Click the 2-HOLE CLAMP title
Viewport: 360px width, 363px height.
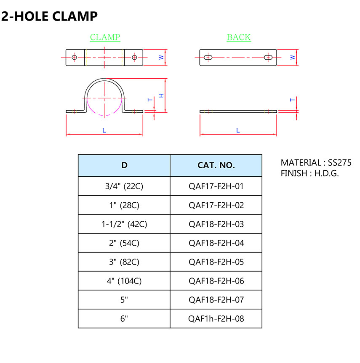pyautogui.click(x=50, y=16)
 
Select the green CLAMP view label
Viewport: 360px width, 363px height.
pyautogui.click(x=105, y=37)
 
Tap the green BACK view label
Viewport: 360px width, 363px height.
pyautogui.click(x=239, y=37)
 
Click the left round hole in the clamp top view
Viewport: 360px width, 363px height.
pyautogui.click(x=74, y=57)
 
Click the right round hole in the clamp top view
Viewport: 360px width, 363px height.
pyautogui.click(x=134, y=57)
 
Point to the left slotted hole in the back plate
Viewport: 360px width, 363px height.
pyautogui.click(x=208, y=57)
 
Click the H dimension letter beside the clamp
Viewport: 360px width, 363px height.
pyautogui.click(x=161, y=95)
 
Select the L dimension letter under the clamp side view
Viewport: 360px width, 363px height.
pyautogui.click(x=104, y=131)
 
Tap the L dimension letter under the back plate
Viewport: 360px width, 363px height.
pyautogui.click(x=238, y=131)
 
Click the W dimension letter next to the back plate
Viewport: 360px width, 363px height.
pyautogui.click(x=292, y=57)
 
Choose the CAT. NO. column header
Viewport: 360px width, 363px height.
pyautogui.click(x=216, y=165)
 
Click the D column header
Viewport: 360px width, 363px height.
pyautogui.click(x=124, y=165)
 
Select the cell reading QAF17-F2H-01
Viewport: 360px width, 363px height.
pyautogui.click(x=216, y=186)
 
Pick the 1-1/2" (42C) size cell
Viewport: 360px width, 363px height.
pyautogui.click(x=124, y=224)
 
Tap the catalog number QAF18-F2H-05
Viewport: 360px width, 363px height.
pyautogui.click(x=216, y=262)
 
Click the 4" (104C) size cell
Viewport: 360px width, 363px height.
pyautogui.click(x=124, y=281)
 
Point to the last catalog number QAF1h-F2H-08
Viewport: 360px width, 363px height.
pyautogui.click(x=216, y=319)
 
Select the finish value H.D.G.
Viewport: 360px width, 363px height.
pyautogui.click(x=327, y=173)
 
